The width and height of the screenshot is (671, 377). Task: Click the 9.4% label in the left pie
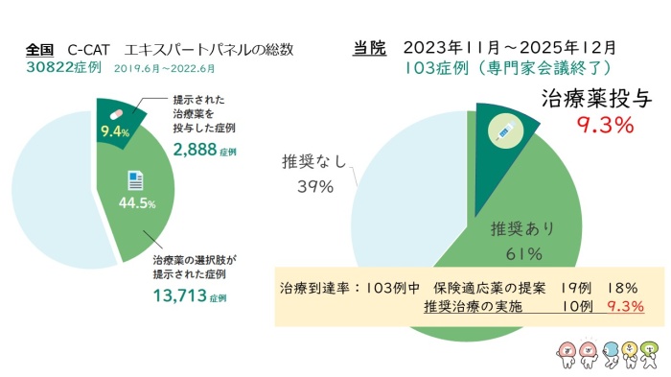(x=114, y=133)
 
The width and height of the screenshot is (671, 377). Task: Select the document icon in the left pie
(x=133, y=180)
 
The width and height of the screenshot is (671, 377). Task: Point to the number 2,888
(x=197, y=150)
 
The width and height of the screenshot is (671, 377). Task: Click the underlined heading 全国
(x=40, y=49)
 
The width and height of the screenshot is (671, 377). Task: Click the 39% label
(x=314, y=187)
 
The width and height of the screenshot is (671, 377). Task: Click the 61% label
(x=523, y=254)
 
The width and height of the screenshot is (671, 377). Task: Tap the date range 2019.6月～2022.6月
(x=177, y=69)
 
